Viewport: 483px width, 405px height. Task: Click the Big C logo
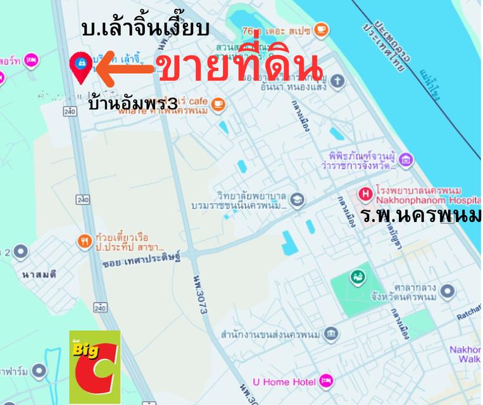tap(94, 366)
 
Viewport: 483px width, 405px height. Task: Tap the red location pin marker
tap(80, 66)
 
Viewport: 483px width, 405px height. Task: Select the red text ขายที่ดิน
tap(241, 68)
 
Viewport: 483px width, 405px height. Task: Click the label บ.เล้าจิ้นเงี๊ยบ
tap(145, 29)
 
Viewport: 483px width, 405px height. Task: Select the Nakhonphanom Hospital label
tap(418, 196)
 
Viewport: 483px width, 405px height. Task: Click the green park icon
tap(358, 277)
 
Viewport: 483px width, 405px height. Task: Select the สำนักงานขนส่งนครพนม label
tap(269, 333)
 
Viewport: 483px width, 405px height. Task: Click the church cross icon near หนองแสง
tap(339, 80)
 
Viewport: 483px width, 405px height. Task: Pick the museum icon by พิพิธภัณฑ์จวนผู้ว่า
tap(406, 159)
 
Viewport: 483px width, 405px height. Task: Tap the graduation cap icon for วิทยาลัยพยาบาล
tap(297, 201)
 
